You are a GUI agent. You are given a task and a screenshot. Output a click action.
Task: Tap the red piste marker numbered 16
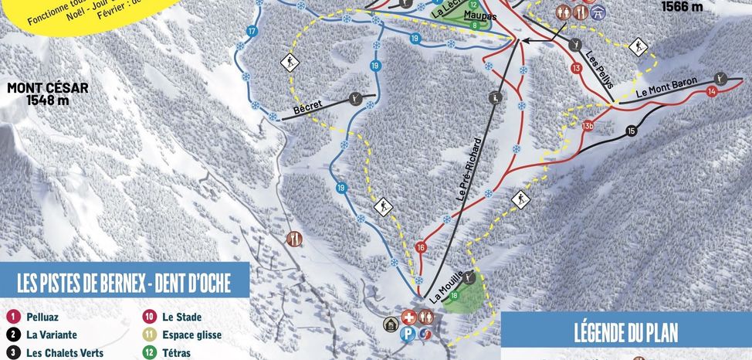click(x=421, y=247)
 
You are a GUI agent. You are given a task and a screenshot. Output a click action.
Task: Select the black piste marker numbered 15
click(x=632, y=131)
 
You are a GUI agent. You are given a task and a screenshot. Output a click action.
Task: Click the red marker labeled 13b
click(x=588, y=125)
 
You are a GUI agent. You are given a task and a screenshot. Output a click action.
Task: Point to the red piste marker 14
click(x=712, y=92)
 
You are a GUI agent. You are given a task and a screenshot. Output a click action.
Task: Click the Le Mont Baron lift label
click(x=667, y=86)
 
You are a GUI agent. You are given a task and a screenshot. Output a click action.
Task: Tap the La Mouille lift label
click(x=447, y=286)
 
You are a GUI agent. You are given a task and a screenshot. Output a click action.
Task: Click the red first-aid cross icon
click(x=408, y=317)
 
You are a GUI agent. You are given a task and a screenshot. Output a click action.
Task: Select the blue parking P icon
click(x=408, y=333)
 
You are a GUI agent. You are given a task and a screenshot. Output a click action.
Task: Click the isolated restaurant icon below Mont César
click(x=293, y=239)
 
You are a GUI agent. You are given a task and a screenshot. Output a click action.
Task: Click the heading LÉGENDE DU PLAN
click(x=626, y=333)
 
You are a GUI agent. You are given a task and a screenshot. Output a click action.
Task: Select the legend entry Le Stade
click(x=182, y=317)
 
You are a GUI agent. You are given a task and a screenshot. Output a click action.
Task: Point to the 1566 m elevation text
click(x=683, y=7)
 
